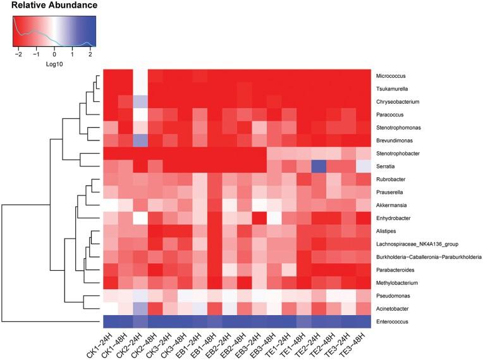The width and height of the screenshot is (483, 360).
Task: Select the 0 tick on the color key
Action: tap(54, 55)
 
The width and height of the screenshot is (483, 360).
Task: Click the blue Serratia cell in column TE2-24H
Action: tap(319, 166)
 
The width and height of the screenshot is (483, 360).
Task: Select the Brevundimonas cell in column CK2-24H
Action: tap(141, 140)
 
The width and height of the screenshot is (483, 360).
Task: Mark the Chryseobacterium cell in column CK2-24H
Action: tap(141, 101)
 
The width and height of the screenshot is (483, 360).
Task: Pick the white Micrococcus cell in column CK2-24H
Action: tap(141, 75)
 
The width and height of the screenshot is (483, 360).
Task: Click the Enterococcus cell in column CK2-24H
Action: tap(141, 322)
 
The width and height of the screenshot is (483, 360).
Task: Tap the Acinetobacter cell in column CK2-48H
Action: tap(156, 309)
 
